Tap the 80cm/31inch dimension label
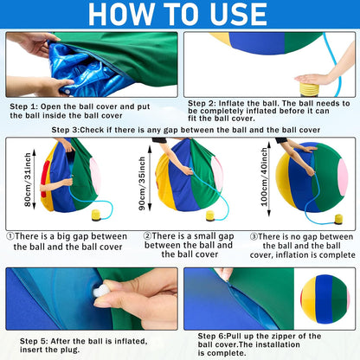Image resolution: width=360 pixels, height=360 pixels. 28,179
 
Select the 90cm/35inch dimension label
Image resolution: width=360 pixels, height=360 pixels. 142,183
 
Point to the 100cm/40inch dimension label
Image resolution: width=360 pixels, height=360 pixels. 264,177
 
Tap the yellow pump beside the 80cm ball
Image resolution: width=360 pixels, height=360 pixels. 96,215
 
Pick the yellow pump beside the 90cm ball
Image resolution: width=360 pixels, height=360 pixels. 210,215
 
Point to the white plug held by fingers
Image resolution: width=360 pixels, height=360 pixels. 100,291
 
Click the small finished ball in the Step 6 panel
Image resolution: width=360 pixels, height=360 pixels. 325,299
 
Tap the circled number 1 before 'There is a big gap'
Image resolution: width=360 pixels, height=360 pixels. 10,236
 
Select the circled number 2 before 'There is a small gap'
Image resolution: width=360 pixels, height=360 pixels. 147,236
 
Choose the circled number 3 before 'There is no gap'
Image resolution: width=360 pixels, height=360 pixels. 254,237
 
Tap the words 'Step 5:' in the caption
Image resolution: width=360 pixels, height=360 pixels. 34,341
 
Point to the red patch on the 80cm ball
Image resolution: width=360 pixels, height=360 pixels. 43,179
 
